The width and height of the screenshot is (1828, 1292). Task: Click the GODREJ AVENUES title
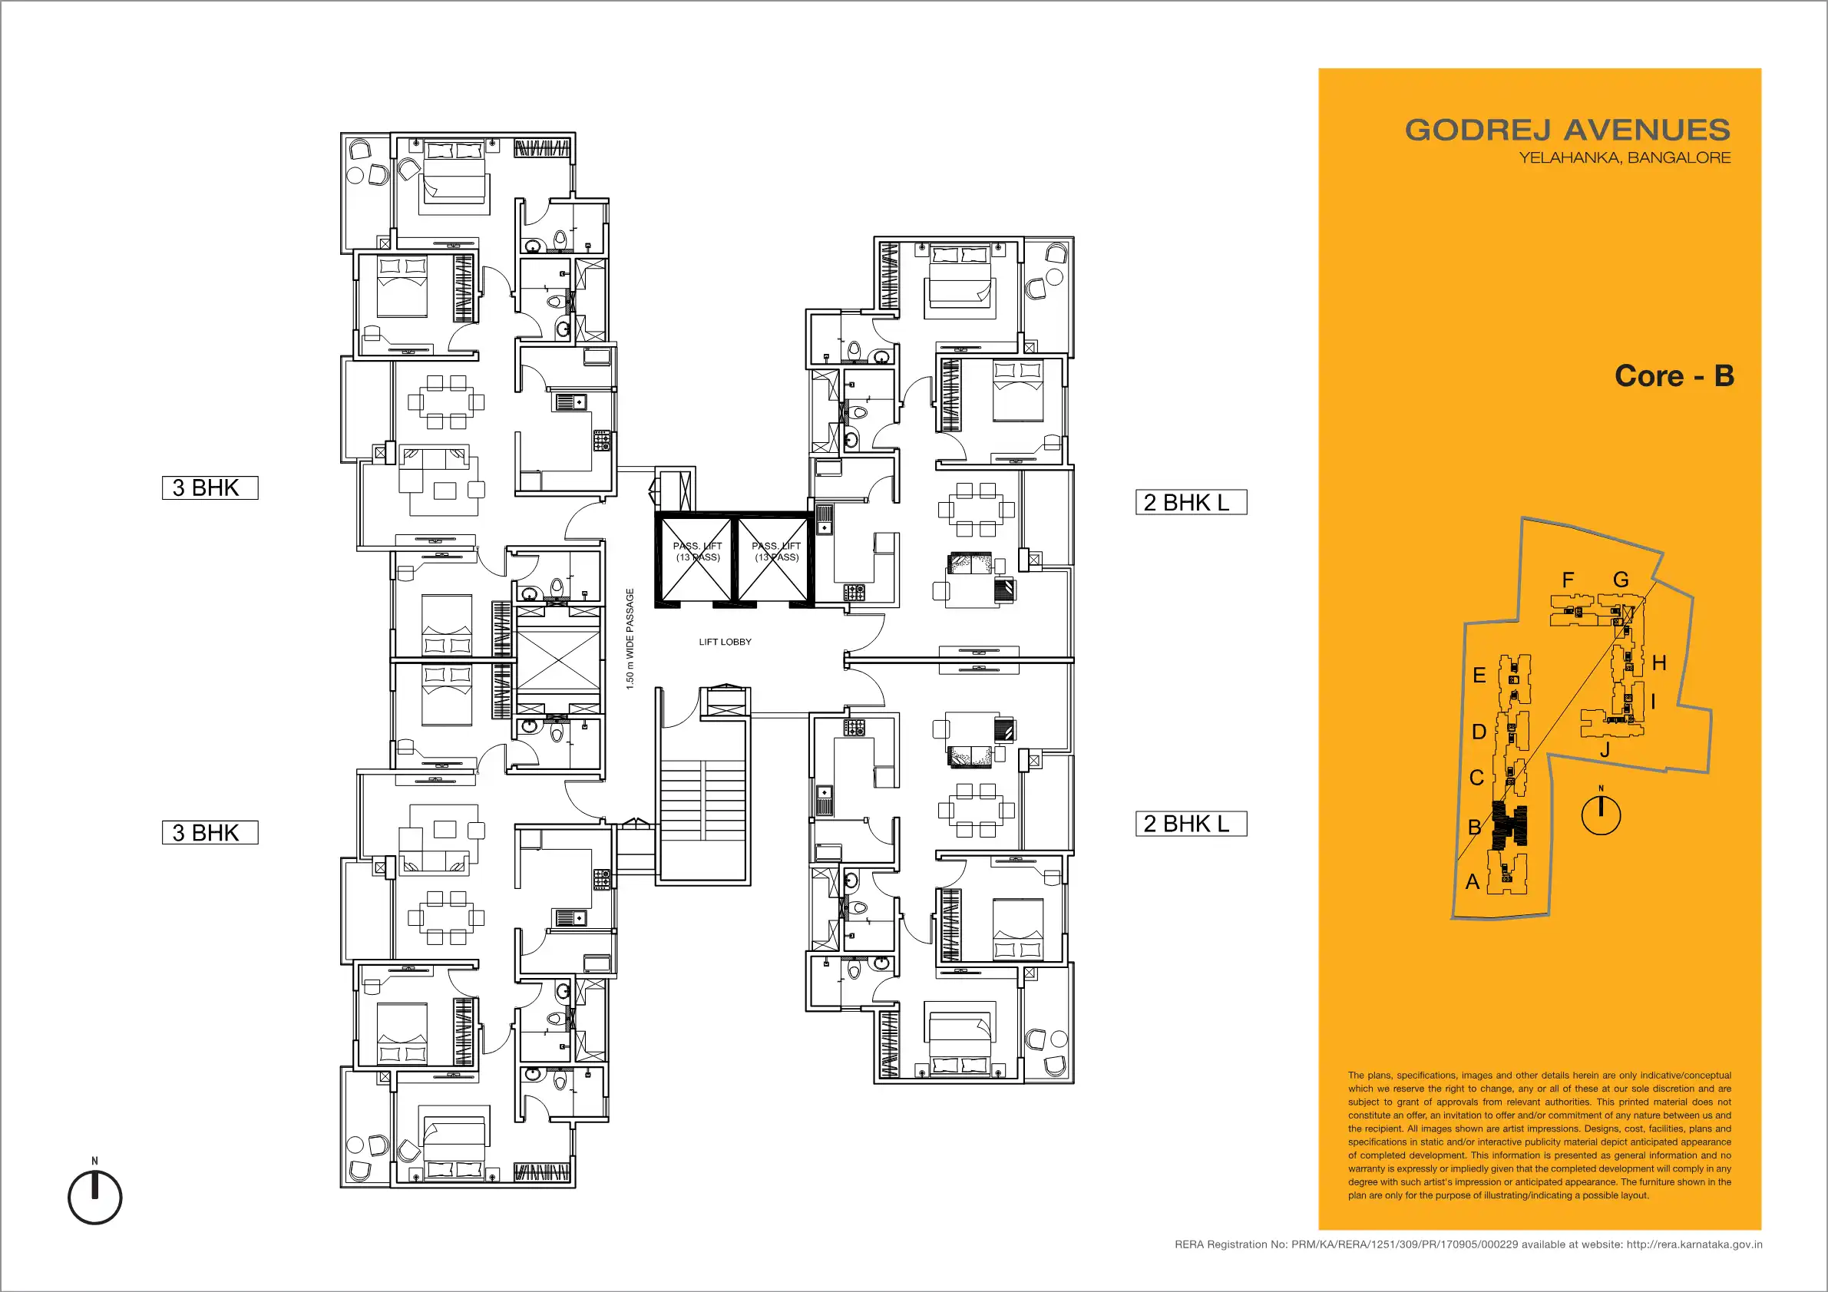[x=1567, y=130]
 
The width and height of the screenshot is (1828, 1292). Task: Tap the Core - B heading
[x=1674, y=375]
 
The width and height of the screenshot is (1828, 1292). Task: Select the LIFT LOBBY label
[x=725, y=642]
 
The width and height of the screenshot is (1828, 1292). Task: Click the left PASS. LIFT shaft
[x=696, y=558]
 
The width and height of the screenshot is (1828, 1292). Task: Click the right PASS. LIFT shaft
[x=773, y=558]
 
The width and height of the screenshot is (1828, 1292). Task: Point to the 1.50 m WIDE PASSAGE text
[x=630, y=639]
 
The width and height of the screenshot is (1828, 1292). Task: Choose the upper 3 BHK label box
[x=210, y=488]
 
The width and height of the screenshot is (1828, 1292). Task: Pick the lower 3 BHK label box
[x=210, y=833]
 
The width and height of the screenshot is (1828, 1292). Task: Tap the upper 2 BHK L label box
[x=1191, y=502]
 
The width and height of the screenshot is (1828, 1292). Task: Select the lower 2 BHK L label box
[x=1191, y=824]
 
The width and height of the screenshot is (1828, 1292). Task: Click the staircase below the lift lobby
[x=703, y=800]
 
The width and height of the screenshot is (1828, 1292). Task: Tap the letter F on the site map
[x=1568, y=580]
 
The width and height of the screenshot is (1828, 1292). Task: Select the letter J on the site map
[x=1605, y=749]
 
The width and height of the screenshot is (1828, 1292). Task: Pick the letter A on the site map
[x=1473, y=881]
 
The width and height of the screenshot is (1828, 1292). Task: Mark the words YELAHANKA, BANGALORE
[x=1625, y=157]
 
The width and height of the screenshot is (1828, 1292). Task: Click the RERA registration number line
[x=1468, y=1244]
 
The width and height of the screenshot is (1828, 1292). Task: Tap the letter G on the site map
[x=1621, y=580]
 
